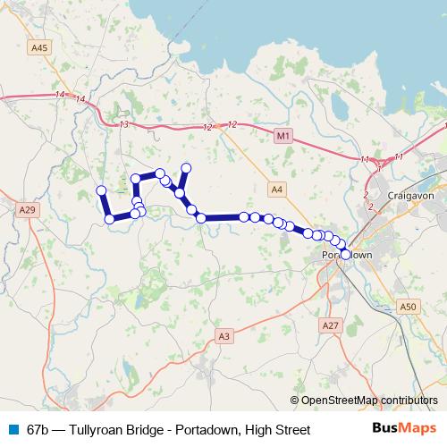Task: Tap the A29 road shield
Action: coord(26,209)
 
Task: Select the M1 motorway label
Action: coord(283,135)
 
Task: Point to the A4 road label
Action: coord(276,189)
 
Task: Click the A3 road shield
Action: coord(223,336)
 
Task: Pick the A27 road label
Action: coord(330,325)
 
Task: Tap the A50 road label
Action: coord(409,307)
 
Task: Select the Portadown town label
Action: coord(345,256)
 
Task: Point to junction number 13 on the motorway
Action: coord(123,124)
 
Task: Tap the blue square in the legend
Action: coord(13,430)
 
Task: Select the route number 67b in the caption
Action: coord(39,430)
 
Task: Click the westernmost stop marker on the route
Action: coord(101,190)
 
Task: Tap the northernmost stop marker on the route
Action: coord(186,167)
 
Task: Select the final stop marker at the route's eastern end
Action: coord(345,255)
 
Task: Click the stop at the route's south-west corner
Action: coord(109,218)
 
